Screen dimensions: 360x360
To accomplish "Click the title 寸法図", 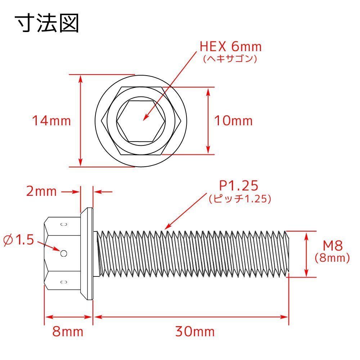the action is click(47, 23).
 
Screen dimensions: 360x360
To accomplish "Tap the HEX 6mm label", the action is click(230, 46).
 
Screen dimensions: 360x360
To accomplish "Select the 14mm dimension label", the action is click(51, 121).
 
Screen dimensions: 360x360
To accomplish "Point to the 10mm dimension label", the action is click(233, 121).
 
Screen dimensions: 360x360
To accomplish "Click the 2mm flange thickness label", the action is click(41, 191).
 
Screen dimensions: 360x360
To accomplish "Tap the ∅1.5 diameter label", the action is click(19, 240).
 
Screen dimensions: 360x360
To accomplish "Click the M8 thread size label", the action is click(333, 246).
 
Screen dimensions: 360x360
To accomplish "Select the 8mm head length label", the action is click(68, 332).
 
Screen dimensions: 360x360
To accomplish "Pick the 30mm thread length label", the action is click(195, 332).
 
